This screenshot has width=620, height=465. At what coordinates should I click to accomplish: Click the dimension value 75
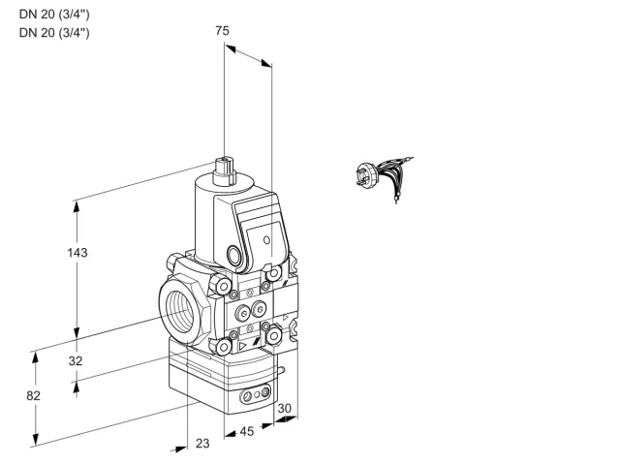point(222,30)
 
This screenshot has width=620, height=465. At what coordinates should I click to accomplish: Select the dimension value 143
point(77,252)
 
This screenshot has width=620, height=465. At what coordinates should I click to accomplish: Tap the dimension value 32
point(76,360)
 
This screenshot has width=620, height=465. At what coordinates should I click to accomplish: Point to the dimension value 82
point(33,395)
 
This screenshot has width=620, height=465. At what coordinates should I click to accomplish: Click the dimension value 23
point(202,444)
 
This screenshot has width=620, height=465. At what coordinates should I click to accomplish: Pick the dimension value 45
point(247,431)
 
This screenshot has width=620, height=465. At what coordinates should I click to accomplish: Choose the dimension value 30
point(284,409)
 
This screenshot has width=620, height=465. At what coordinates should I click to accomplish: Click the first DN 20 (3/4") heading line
point(54,15)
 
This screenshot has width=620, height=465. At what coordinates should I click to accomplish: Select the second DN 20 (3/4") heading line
point(54,32)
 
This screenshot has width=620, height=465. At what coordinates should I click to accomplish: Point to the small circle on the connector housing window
point(267,239)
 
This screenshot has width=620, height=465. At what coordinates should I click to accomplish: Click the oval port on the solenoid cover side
point(233,255)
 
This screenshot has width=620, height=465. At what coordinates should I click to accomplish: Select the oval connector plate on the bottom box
point(256,393)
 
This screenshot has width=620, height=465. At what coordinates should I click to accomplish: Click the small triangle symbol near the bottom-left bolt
point(242,346)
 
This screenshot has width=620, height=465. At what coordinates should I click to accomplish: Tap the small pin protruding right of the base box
point(281,370)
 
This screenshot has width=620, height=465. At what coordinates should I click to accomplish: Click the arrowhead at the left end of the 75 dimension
point(231,48)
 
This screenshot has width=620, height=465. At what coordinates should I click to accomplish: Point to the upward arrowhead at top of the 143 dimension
point(77,206)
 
